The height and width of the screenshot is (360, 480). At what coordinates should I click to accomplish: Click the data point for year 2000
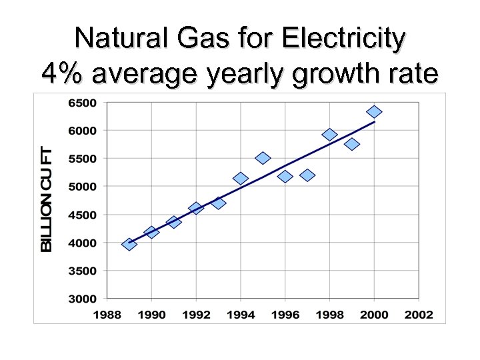(374, 111)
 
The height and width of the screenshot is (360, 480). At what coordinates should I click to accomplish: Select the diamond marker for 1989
(129, 244)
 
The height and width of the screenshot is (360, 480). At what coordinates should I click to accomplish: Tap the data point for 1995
(263, 158)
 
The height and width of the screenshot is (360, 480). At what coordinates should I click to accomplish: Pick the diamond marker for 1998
(329, 135)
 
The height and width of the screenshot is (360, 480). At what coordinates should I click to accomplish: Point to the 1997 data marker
(307, 175)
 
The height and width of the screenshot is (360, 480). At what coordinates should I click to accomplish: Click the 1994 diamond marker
(241, 178)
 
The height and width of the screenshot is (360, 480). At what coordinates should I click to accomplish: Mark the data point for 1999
(352, 144)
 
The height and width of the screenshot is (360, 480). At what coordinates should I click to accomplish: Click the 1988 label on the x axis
(107, 314)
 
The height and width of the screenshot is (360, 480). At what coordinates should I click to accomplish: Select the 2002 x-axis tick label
(418, 314)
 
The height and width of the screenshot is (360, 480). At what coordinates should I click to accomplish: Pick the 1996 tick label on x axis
(285, 314)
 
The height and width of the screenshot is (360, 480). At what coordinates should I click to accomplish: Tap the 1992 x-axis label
(196, 314)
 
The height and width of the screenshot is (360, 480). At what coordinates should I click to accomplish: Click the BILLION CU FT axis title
(47, 199)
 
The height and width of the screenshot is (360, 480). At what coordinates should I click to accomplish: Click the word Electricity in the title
(343, 39)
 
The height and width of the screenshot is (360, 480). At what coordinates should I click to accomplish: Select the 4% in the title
(63, 73)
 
